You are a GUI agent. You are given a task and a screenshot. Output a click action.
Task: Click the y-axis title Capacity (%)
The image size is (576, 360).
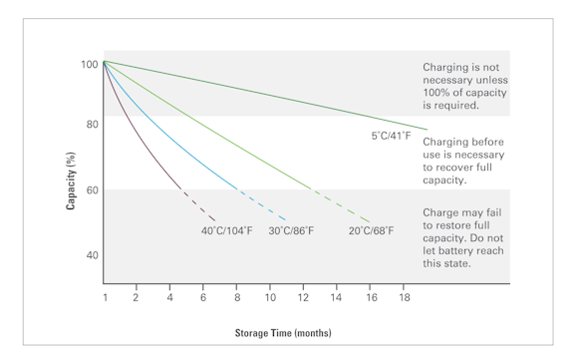point(73,170)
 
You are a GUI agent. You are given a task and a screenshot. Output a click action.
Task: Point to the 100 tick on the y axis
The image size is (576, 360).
point(89,64)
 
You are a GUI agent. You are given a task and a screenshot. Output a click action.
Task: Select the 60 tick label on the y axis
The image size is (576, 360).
point(89,189)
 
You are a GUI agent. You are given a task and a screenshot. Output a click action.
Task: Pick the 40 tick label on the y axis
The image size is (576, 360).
point(89,255)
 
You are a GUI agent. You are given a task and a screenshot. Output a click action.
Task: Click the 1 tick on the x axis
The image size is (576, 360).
point(103,298)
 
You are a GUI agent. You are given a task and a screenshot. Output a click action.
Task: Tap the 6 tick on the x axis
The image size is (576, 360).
point(202,298)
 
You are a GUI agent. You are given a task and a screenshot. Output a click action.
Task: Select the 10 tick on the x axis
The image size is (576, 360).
point(269,298)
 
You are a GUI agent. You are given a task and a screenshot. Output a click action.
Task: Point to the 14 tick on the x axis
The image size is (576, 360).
point(336,298)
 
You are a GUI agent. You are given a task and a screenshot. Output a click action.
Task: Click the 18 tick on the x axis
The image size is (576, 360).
point(403,298)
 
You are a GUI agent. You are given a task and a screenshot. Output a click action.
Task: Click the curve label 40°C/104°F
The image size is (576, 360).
point(225,232)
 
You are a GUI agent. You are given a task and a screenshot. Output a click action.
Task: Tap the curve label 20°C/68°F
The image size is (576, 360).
point(371,232)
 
